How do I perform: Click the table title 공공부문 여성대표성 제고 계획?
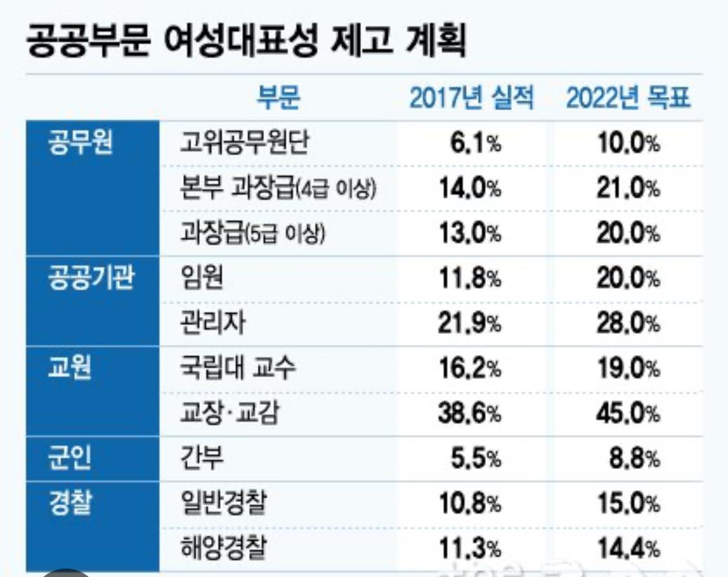(247, 41)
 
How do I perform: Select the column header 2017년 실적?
(472, 99)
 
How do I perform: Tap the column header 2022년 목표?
(628, 99)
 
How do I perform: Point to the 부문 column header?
(279, 99)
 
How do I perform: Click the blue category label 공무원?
(81, 143)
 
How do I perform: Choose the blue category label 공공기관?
(91, 280)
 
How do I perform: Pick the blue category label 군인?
(70, 460)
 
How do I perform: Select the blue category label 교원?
(70, 369)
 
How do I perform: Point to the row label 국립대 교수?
(240, 371)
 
